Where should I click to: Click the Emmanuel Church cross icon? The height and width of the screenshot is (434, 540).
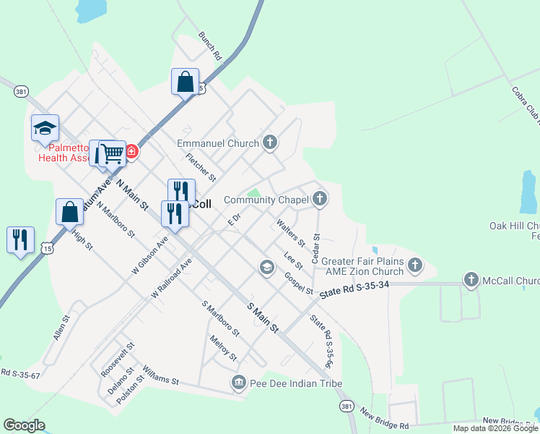[x=270, y=142]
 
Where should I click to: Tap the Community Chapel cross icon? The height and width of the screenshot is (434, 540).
[x=320, y=199]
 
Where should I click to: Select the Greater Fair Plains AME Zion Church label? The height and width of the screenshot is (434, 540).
[x=362, y=266]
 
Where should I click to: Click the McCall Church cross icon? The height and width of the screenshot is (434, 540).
[x=471, y=279]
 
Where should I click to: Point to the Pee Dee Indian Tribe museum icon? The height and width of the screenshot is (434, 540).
[x=239, y=382]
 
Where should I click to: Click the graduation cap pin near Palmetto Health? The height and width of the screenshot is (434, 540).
[x=45, y=127]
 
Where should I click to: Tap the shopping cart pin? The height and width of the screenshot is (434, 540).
[x=112, y=153]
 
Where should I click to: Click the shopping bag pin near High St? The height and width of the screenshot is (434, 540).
[x=69, y=213]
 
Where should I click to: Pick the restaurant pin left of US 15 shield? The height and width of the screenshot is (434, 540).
[x=20, y=239]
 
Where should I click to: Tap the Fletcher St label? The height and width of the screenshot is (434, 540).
[x=201, y=166]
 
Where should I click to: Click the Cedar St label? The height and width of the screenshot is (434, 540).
[x=315, y=247]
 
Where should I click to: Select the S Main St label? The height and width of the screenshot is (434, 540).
[x=263, y=318]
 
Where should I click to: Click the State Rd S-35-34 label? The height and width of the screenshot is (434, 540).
[x=354, y=286]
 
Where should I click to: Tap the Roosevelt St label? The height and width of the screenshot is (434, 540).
[x=114, y=359]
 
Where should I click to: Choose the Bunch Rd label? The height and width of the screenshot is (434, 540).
[x=210, y=45]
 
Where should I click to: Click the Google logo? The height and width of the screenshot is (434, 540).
[x=24, y=425]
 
